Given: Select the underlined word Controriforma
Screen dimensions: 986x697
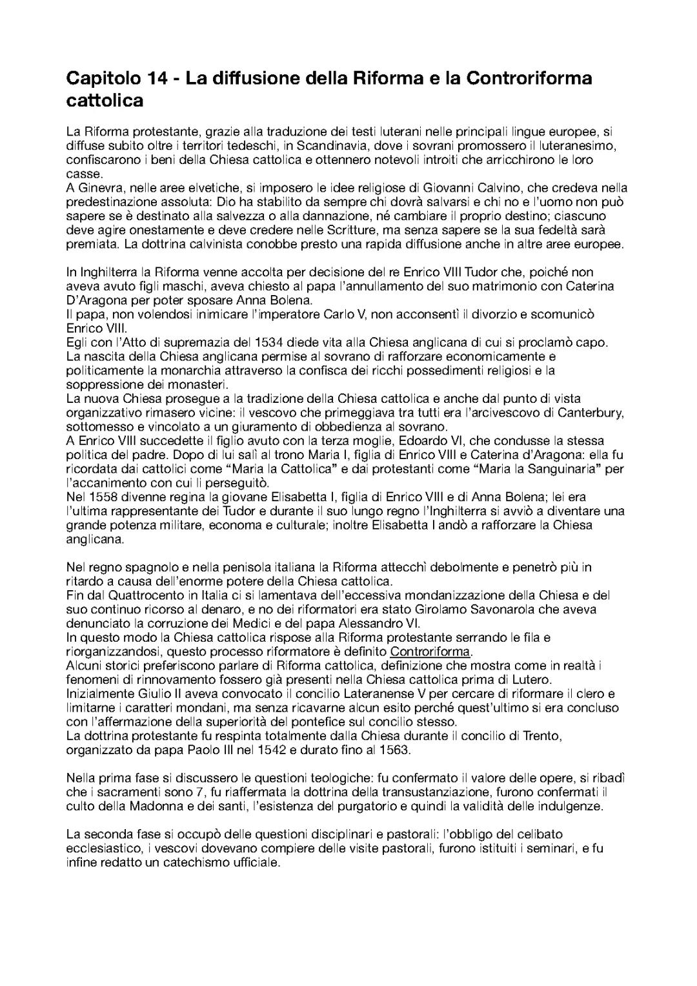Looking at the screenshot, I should (430, 652).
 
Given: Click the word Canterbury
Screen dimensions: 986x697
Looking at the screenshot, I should (591, 413).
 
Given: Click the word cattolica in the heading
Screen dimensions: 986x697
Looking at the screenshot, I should (105, 101).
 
